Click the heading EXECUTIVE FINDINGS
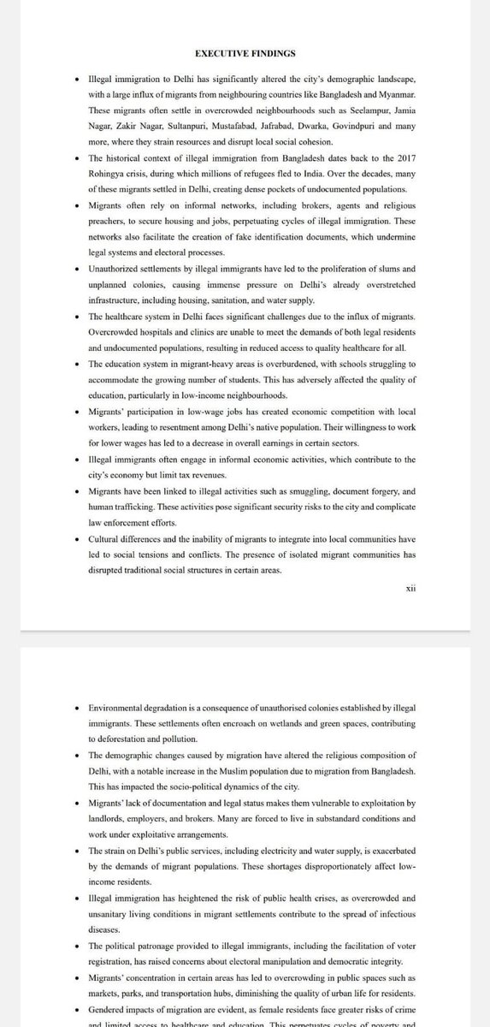pyautogui.click(x=245, y=54)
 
